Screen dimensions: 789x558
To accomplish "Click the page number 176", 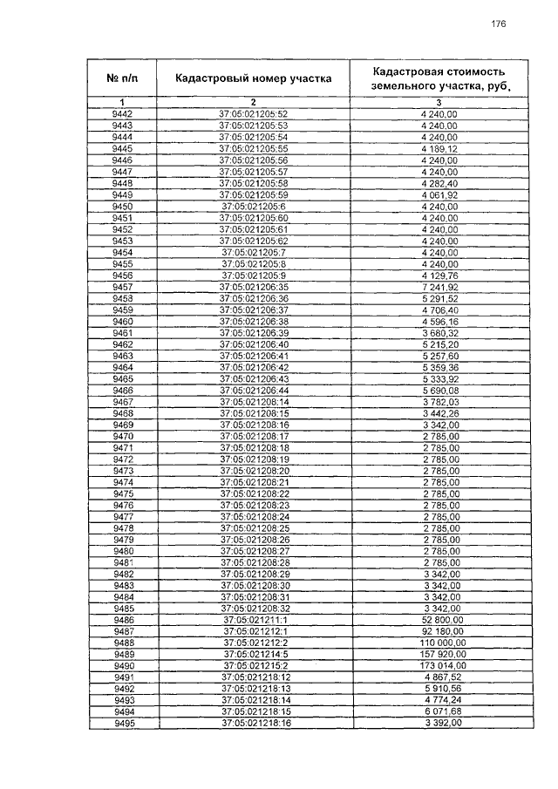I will pyautogui.click(x=498, y=24).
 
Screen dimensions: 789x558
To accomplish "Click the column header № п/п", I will pyautogui.click(x=122, y=78).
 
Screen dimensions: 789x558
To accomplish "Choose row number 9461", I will pyautogui.click(x=122, y=333).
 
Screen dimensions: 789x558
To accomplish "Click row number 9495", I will pyautogui.click(x=122, y=723).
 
